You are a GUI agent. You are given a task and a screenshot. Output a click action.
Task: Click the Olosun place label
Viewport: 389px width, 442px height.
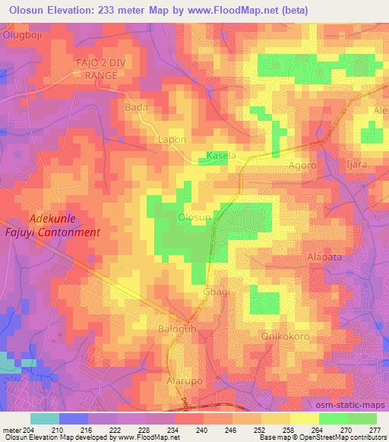point(194,218)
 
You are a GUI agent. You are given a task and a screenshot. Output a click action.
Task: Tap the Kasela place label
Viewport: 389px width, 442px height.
point(222,156)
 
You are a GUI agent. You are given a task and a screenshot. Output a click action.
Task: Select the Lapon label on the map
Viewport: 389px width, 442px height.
point(171,140)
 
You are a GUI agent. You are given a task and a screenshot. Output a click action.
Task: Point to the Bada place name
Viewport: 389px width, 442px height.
point(136,107)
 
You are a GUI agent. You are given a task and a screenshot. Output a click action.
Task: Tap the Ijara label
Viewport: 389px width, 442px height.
point(356,164)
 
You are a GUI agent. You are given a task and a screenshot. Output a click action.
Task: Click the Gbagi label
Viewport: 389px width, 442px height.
point(215,292)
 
